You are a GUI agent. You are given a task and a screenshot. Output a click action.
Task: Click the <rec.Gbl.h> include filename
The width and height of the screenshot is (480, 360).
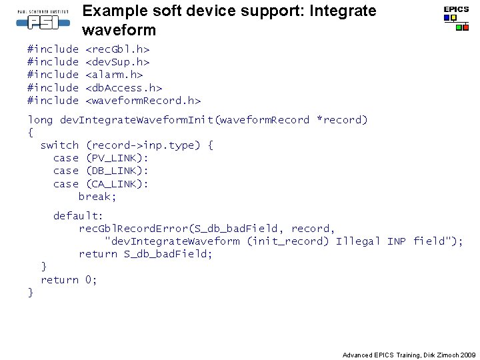point(117,49)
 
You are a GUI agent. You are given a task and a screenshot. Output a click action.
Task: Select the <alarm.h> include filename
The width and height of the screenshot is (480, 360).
point(114,75)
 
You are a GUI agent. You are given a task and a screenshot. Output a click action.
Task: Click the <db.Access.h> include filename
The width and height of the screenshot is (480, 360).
point(124,87)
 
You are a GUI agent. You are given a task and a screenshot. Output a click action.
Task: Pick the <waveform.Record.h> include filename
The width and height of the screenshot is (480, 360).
point(143,101)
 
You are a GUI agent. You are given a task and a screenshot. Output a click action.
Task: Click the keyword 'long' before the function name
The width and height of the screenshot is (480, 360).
point(40,120)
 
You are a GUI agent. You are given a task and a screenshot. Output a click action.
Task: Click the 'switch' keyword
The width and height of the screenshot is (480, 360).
point(60,145)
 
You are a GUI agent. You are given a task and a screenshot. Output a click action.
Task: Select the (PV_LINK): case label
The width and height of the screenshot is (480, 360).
point(117,158)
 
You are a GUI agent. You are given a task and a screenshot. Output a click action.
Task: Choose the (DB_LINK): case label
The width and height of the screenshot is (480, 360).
point(117,171)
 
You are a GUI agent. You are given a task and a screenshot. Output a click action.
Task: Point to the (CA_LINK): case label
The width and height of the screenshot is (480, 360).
point(117,184)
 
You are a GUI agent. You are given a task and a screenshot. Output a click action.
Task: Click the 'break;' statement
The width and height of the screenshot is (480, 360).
point(97,197)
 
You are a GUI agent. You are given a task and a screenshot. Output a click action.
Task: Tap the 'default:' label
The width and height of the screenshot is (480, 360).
point(79,216)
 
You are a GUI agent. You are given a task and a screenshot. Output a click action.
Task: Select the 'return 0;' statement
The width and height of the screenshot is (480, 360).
point(69,280)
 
